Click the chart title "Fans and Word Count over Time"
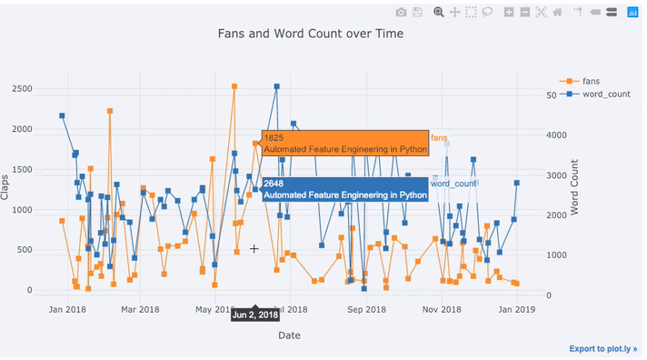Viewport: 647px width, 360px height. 311,34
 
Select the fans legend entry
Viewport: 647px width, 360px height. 590,81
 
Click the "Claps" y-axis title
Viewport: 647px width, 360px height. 5,188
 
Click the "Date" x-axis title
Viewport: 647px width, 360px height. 289,335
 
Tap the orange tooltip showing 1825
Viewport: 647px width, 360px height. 344,144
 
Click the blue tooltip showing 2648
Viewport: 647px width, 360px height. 344,189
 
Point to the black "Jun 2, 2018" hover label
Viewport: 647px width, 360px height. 255,315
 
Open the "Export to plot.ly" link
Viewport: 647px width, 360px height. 603,349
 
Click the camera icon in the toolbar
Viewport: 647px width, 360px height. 401,12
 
